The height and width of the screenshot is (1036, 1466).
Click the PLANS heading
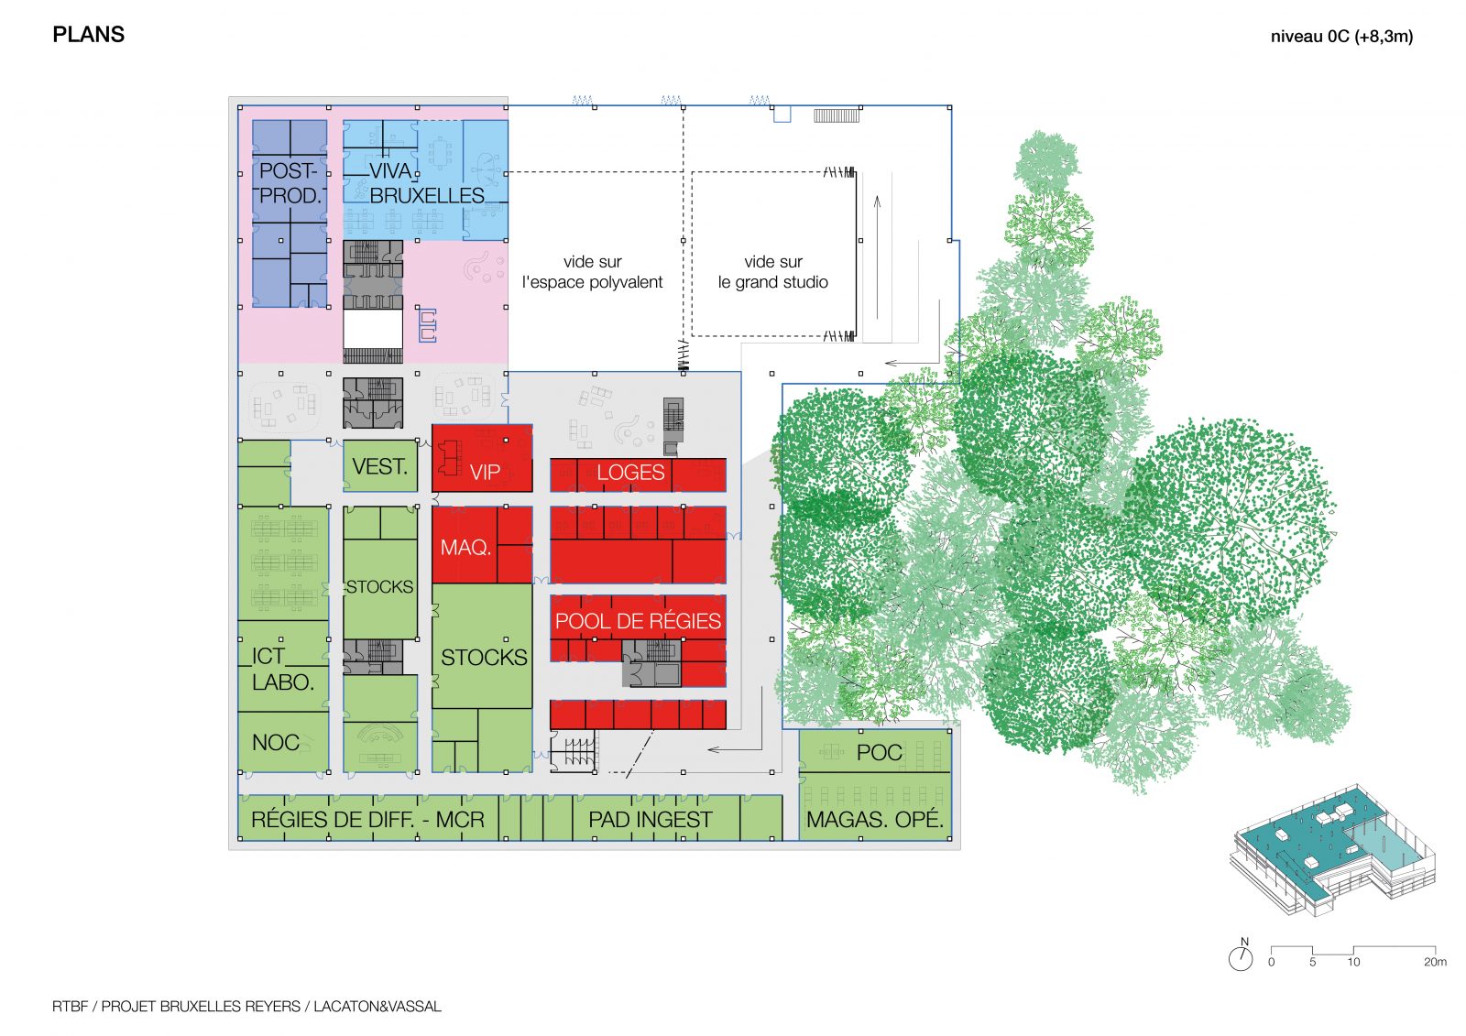88,35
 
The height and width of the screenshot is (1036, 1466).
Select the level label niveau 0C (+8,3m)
1341,37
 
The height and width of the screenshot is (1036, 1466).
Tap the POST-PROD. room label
290,183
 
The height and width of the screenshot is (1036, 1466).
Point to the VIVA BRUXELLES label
427,183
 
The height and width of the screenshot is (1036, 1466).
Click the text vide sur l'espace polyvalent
592,272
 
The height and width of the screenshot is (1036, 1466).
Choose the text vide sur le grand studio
773,272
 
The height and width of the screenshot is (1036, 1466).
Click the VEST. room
380,466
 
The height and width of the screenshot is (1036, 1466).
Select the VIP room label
485,472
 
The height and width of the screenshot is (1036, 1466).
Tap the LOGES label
630,472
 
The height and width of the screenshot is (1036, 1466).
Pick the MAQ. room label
465,547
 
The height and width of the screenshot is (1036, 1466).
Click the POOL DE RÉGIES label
638,620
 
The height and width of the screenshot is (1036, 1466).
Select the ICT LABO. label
283,669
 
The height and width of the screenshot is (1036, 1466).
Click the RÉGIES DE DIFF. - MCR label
367,820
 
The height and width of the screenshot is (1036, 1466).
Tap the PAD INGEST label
650,820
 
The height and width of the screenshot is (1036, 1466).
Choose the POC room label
879,753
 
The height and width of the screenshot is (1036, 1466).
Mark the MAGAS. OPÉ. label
875,819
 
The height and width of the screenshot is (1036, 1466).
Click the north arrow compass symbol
1241,954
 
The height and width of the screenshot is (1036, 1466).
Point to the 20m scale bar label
1435,962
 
